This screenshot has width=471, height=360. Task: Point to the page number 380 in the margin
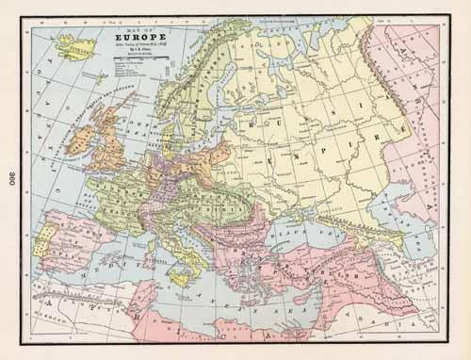[10, 178]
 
